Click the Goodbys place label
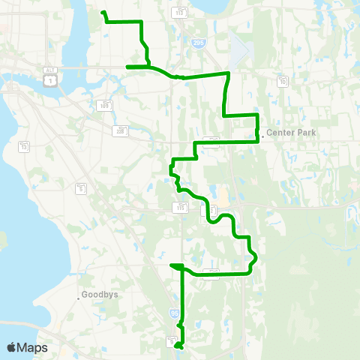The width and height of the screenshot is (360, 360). pyautogui.click(x=100, y=295)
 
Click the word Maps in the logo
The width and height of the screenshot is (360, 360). pyautogui.click(x=32, y=347)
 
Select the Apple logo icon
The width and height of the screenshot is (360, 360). pyautogui.click(x=12, y=346)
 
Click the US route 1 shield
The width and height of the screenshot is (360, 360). pyautogui.click(x=47, y=79)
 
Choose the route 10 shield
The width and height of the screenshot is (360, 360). pyautogui.click(x=283, y=80)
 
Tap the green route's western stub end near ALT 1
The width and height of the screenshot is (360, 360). pyautogui.click(x=127, y=67)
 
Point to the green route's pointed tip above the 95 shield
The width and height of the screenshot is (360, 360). pyautogui.click(x=171, y=264)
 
